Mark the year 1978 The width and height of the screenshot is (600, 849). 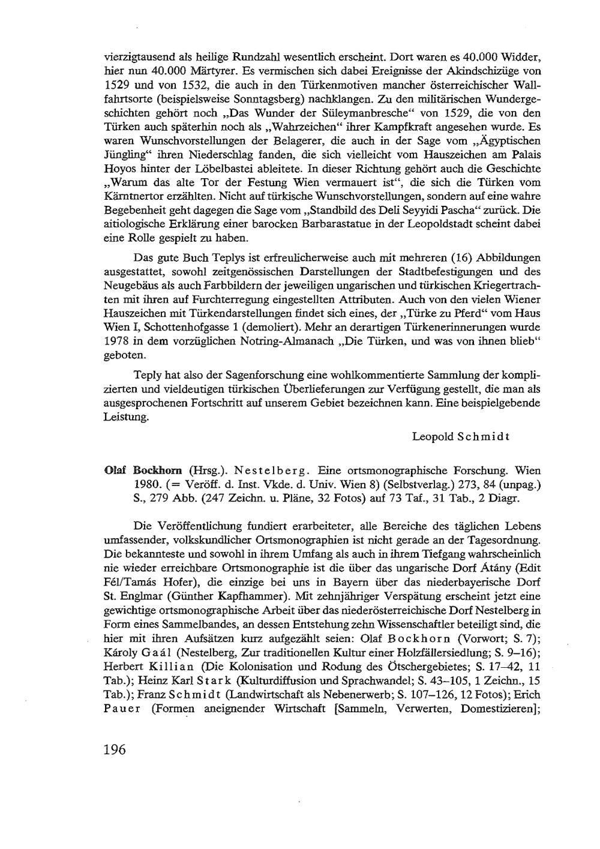tap(117, 341)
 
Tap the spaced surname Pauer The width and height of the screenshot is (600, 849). tap(122, 709)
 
